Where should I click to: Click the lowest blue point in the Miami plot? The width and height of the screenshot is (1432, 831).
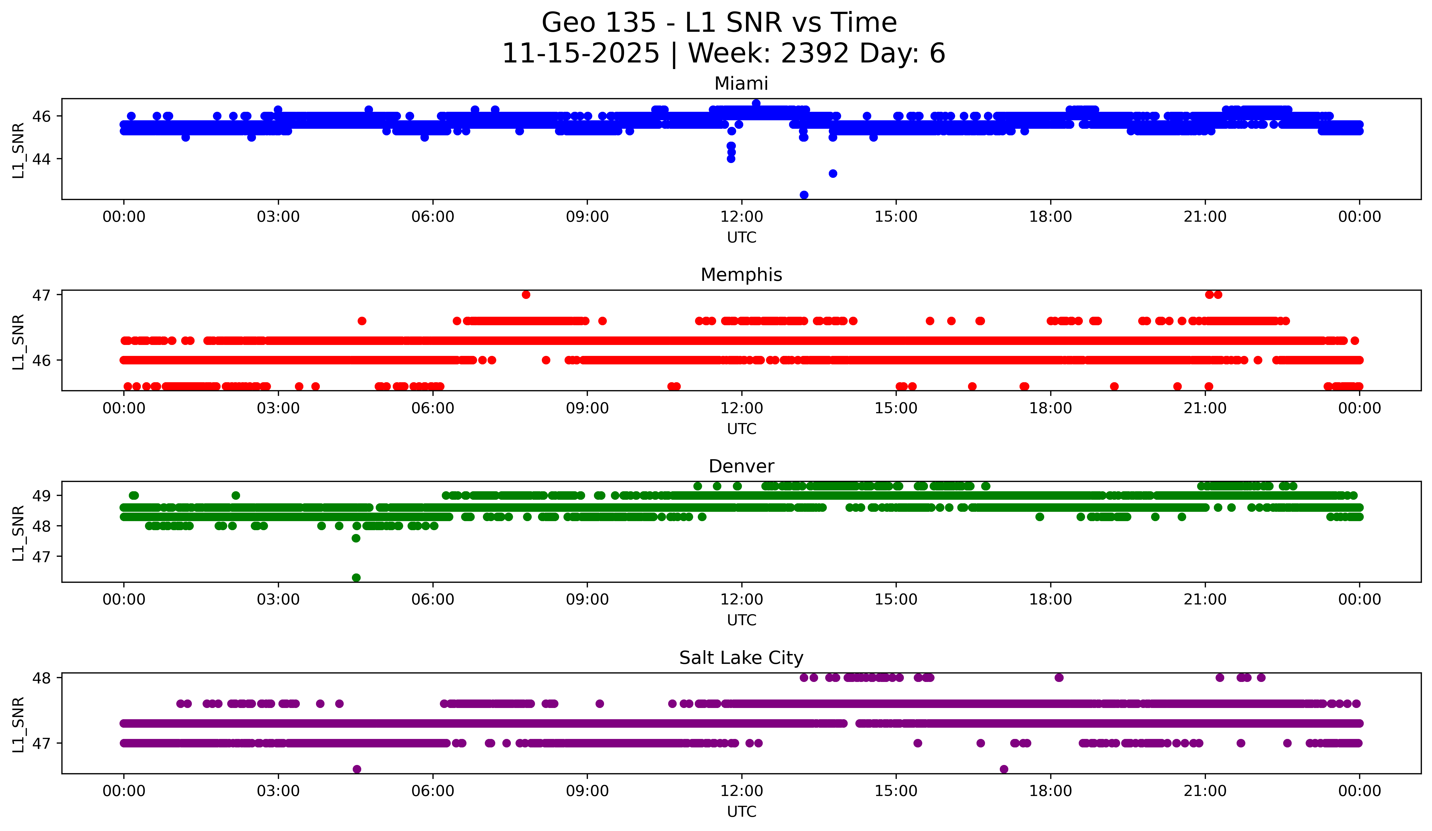pos(804,195)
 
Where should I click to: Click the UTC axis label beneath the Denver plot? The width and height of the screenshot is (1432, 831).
pos(742,620)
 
